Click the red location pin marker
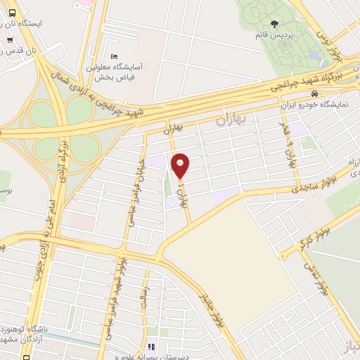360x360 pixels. coord(181,165)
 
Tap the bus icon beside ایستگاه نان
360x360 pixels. coord(9,23)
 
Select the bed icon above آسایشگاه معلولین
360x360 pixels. coord(115,56)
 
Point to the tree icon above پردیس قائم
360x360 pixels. coord(263,23)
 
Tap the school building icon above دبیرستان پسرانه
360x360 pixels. coord(150,345)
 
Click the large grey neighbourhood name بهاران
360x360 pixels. coord(231,120)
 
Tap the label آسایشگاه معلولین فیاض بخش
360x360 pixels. coord(116,70)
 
